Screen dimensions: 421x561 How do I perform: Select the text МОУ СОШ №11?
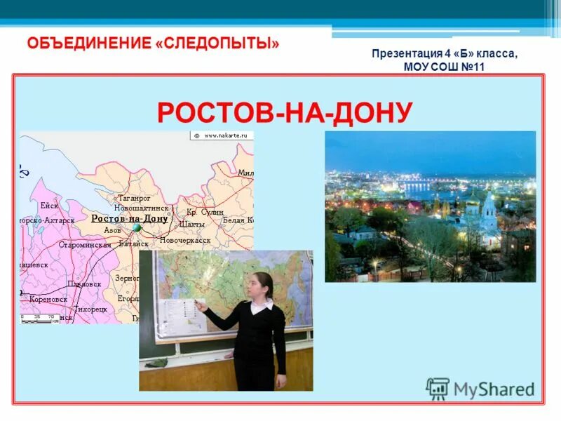(x=445, y=67)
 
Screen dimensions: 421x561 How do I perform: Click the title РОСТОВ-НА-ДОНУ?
(x=284, y=112)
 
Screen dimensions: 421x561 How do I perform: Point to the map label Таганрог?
(x=134, y=199)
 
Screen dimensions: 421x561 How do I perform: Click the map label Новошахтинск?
(x=141, y=208)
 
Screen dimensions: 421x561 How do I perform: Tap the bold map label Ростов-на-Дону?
(x=130, y=218)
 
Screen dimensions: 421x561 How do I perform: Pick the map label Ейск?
(x=49, y=206)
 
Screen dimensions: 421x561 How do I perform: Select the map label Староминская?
(x=85, y=245)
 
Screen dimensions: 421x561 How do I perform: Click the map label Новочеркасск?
(x=185, y=240)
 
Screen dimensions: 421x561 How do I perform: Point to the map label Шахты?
(x=191, y=225)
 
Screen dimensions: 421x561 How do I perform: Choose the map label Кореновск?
(x=48, y=299)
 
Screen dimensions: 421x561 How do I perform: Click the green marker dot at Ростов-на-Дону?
(x=137, y=228)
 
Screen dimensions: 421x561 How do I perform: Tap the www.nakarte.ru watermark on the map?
(x=224, y=135)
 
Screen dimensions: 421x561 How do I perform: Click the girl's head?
(x=263, y=284)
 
